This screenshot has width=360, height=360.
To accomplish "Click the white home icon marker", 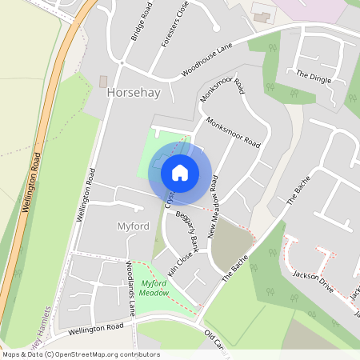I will pyautogui.click(x=180, y=172).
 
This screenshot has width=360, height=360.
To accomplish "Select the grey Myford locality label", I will pyautogui.click(x=133, y=226).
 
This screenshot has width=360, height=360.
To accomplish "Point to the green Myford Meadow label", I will pyautogui.click(x=159, y=287).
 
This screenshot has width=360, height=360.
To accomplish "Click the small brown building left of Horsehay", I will pyautogui.click(x=102, y=81).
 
